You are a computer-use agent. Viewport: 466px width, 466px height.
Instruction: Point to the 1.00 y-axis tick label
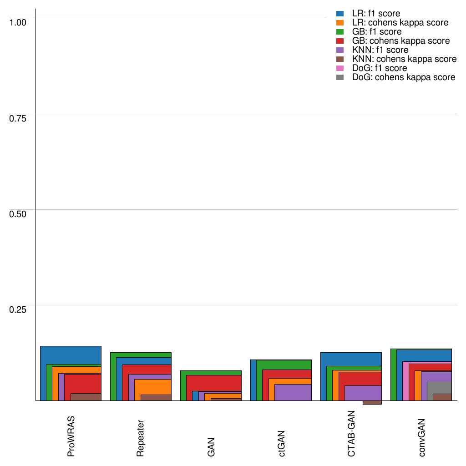tap(18, 22)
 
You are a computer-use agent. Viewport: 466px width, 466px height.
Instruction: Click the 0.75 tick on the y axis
tap(18, 118)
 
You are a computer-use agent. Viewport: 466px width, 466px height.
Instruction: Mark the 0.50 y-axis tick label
tap(18, 213)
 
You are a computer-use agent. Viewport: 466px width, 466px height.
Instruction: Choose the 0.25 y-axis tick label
tap(18, 309)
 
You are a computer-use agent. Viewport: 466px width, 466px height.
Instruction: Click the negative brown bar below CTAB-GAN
tap(372, 403)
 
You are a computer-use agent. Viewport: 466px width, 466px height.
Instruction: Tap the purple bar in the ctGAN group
tap(293, 392)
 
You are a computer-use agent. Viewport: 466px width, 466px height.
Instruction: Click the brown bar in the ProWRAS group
tap(86, 397)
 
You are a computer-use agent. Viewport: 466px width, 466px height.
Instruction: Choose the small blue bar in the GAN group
tap(195, 396)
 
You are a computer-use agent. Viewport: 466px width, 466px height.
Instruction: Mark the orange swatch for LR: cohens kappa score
tap(339, 23)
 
